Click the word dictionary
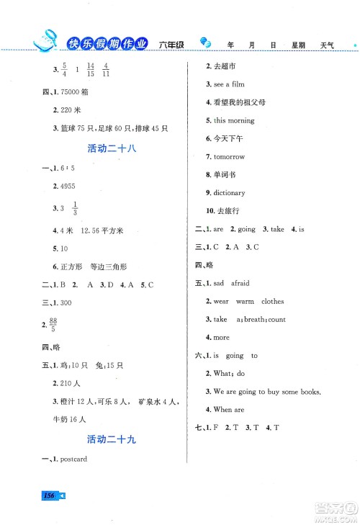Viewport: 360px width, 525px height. point(229,193)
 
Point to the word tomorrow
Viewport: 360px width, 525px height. point(230,156)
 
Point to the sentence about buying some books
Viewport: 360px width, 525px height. point(266,391)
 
